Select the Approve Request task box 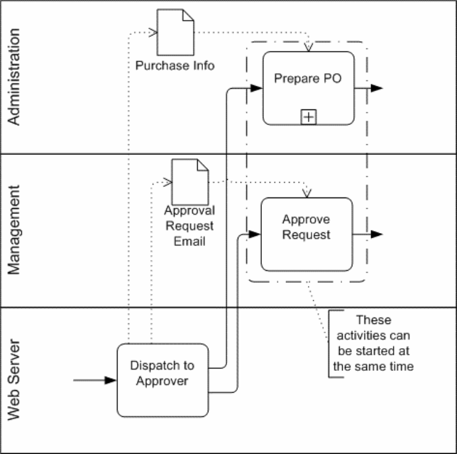click(x=306, y=234)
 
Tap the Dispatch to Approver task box click(x=163, y=379)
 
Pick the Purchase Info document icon click(x=175, y=32)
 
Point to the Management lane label click(x=16, y=230)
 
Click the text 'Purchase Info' click(x=175, y=65)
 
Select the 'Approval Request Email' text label click(x=189, y=226)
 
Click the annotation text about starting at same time click(x=373, y=343)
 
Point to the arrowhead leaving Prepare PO click(x=377, y=88)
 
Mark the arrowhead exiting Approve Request click(x=377, y=234)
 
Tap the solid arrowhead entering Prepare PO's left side click(x=257, y=88)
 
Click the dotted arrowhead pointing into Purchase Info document click(x=152, y=32)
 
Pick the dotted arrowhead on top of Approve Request click(x=307, y=193)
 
